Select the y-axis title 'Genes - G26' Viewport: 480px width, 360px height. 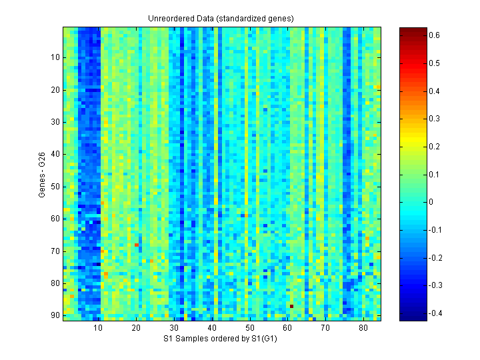click(x=41, y=174)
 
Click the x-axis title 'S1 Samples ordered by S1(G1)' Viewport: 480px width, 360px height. click(x=222, y=339)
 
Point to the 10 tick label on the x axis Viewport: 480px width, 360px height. click(x=97, y=329)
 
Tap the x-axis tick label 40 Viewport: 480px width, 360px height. click(x=211, y=329)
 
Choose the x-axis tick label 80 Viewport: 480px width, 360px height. click(x=363, y=329)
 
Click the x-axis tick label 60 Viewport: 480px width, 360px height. click(x=287, y=329)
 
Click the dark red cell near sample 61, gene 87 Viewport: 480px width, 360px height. click(x=291, y=306)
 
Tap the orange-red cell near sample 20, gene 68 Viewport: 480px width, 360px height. click(x=137, y=245)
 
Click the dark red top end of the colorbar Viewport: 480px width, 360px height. click(x=409, y=29)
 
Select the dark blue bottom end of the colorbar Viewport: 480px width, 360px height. click(x=409, y=318)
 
